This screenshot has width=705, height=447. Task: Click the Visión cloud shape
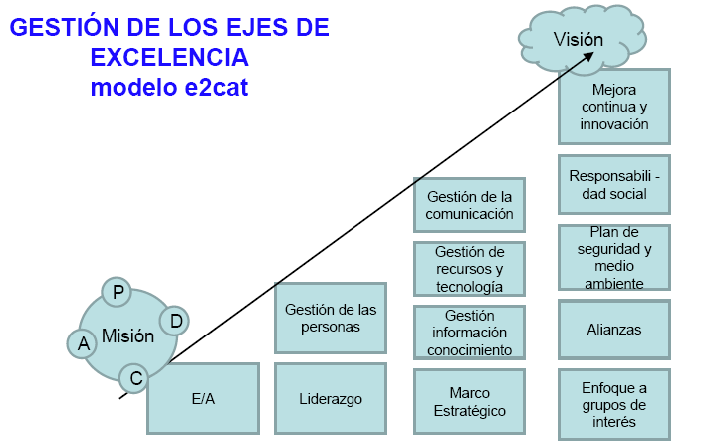pyautogui.click(x=579, y=38)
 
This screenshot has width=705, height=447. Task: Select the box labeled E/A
pyautogui.click(x=203, y=398)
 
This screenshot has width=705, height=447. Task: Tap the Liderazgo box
pyautogui.click(x=330, y=398)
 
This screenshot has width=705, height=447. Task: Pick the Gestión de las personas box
pyautogui.click(x=330, y=318)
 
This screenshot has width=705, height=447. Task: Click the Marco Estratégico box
pyautogui.click(x=469, y=401)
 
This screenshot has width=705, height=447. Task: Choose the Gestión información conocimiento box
pyautogui.click(x=469, y=333)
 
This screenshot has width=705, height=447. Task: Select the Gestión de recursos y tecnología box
pyautogui.click(x=469, y=269)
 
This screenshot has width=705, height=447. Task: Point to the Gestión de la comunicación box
pyautogui.click(x=469, y=205)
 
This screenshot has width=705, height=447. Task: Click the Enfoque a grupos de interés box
pyautogui.click(x=613, y=404)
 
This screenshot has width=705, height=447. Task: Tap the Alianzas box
pyautogui.click(x=613, y=330)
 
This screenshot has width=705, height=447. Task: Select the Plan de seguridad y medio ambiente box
pyautogui.click(x=613, y=257)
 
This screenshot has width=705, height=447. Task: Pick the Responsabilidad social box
pyautogui.click(x=613, y=185)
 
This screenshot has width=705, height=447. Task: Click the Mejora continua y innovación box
pyautogui.click(x=613, y=108)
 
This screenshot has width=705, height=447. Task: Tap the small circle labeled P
pyautogui.click(x=117, y=292)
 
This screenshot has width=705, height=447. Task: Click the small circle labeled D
pyautogui.click(x=174, y=321)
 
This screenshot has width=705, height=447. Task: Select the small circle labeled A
pyautogui.click(x=82, y=343)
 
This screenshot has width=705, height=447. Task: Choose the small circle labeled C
pyautogui.click(x=134, y=378)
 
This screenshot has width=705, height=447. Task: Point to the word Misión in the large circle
pyautogui.click(x=127, y=336)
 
